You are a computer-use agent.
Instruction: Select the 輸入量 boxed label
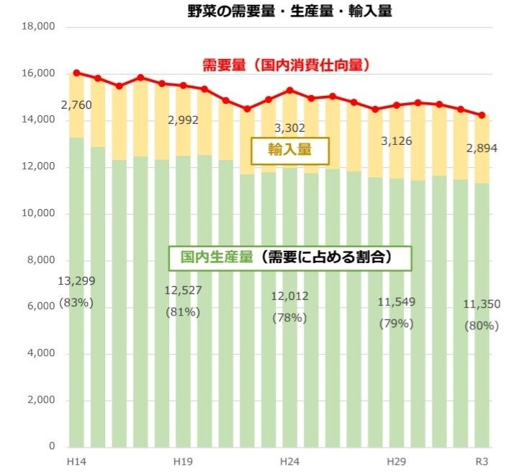click(289, 151)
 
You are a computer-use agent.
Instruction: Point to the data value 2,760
click(76, 106)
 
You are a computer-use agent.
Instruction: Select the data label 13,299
click(76, 281)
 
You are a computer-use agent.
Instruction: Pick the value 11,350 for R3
click(482, 303)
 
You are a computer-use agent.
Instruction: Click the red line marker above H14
click(76, 73)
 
